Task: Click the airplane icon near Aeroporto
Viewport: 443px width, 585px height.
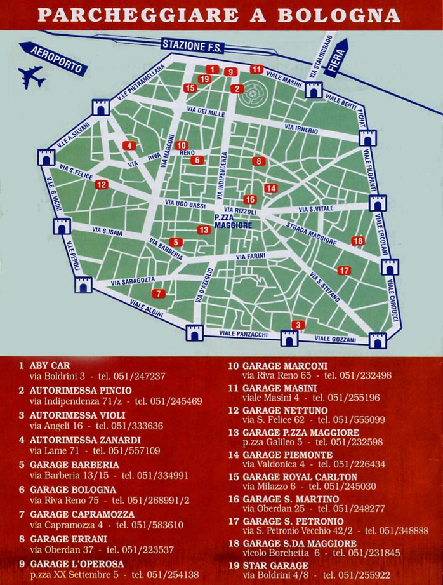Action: (x=31, y=77)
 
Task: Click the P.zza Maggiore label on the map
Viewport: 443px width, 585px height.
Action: (x=233, y=221)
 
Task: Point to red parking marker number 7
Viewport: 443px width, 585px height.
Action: (x=158, y=293)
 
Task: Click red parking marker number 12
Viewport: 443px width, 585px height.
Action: (x=102, y=185)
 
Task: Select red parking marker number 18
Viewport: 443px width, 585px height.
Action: (x=358, y=241)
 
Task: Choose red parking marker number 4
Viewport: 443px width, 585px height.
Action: (x=129, y=145)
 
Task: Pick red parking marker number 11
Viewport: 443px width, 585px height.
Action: (x=256, y=69)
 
